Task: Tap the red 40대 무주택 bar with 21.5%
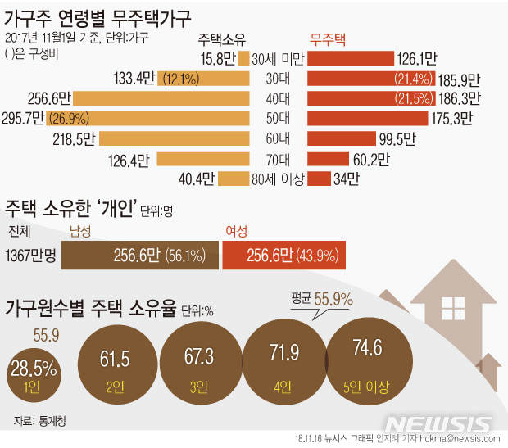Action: click(x=361, y=98)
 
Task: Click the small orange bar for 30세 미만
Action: click(x=243, y=58)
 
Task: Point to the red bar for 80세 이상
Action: click(x=319, y=178)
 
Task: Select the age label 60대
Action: click(x=278, y=138)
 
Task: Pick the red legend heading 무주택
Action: click(x=328, y=39)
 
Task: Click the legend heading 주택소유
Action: click(x=222, y=39)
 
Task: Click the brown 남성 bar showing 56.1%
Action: click(x=140, y=256)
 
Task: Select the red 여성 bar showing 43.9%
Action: click(x=283, y=256)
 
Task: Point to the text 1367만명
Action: click(x=30, y=256)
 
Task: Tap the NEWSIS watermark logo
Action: click(x=438, y=424)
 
